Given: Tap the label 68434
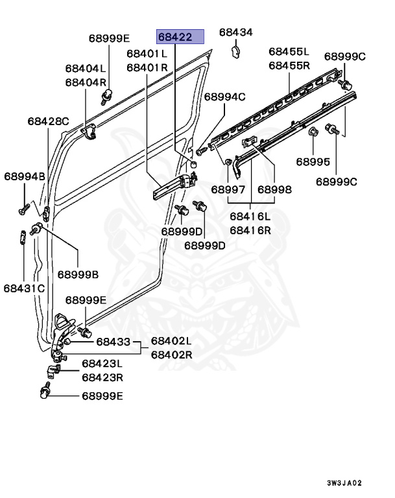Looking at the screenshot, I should [235, 32].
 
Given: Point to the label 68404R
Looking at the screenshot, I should [85, 82].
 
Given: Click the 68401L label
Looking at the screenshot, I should [147, 54].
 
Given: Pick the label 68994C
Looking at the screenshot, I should [224, 97].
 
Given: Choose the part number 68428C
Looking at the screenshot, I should [48, 121].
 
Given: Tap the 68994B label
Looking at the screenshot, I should [25, 176].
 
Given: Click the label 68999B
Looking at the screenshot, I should [78, 275].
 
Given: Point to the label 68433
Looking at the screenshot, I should [113, 341].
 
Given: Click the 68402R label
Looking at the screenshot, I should [171, 355].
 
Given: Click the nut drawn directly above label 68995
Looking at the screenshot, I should [313, 134].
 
